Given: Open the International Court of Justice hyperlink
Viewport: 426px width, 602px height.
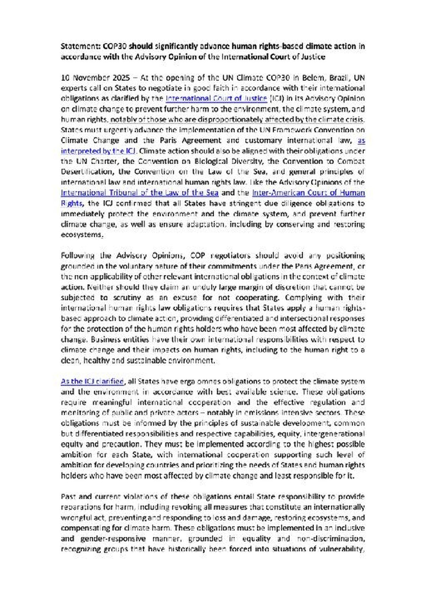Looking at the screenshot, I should (216, 98).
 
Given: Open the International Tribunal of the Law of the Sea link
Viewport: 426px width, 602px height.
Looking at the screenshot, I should (140, 193).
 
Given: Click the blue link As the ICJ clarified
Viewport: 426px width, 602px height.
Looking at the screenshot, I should (92, 382).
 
